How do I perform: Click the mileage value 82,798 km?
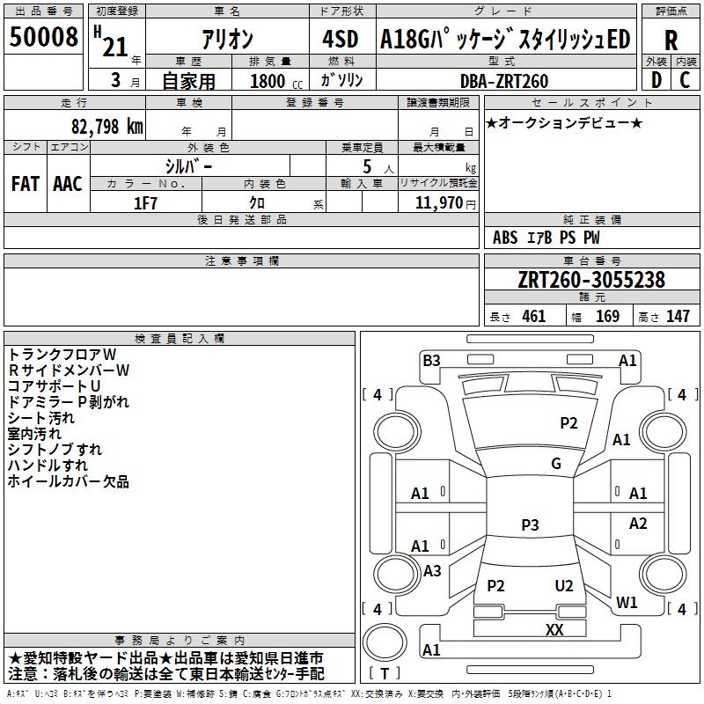(x=104, y=126)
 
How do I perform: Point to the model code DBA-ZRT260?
(x=504, y=81)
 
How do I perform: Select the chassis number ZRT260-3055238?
(x=591, y=281)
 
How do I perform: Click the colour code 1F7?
(x=145, y=202)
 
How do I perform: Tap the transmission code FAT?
(x=26, y=184)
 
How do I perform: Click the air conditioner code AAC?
(x=68, y=184)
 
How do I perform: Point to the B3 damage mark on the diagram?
(x=431, y=360)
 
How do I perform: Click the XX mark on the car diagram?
(x=554, y=629)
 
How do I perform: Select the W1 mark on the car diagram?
(x=627, y=603)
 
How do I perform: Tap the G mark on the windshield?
(x=556, y=464)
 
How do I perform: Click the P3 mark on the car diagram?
(x=530, y=524)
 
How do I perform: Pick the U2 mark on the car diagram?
(x=564, y=586)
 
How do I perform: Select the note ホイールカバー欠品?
(x=69, y=481)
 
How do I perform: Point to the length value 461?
(x=533, y=317)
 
